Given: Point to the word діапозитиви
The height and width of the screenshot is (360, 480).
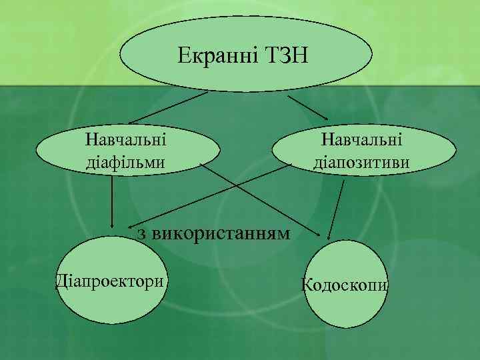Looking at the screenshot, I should point(361,162).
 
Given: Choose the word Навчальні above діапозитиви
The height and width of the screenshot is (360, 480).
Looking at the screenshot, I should point(361,141).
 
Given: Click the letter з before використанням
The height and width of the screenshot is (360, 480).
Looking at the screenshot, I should point(141,234).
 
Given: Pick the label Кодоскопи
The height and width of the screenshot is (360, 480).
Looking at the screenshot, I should point(345,285).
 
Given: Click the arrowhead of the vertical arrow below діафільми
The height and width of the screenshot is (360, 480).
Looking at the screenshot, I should point(112,225).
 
